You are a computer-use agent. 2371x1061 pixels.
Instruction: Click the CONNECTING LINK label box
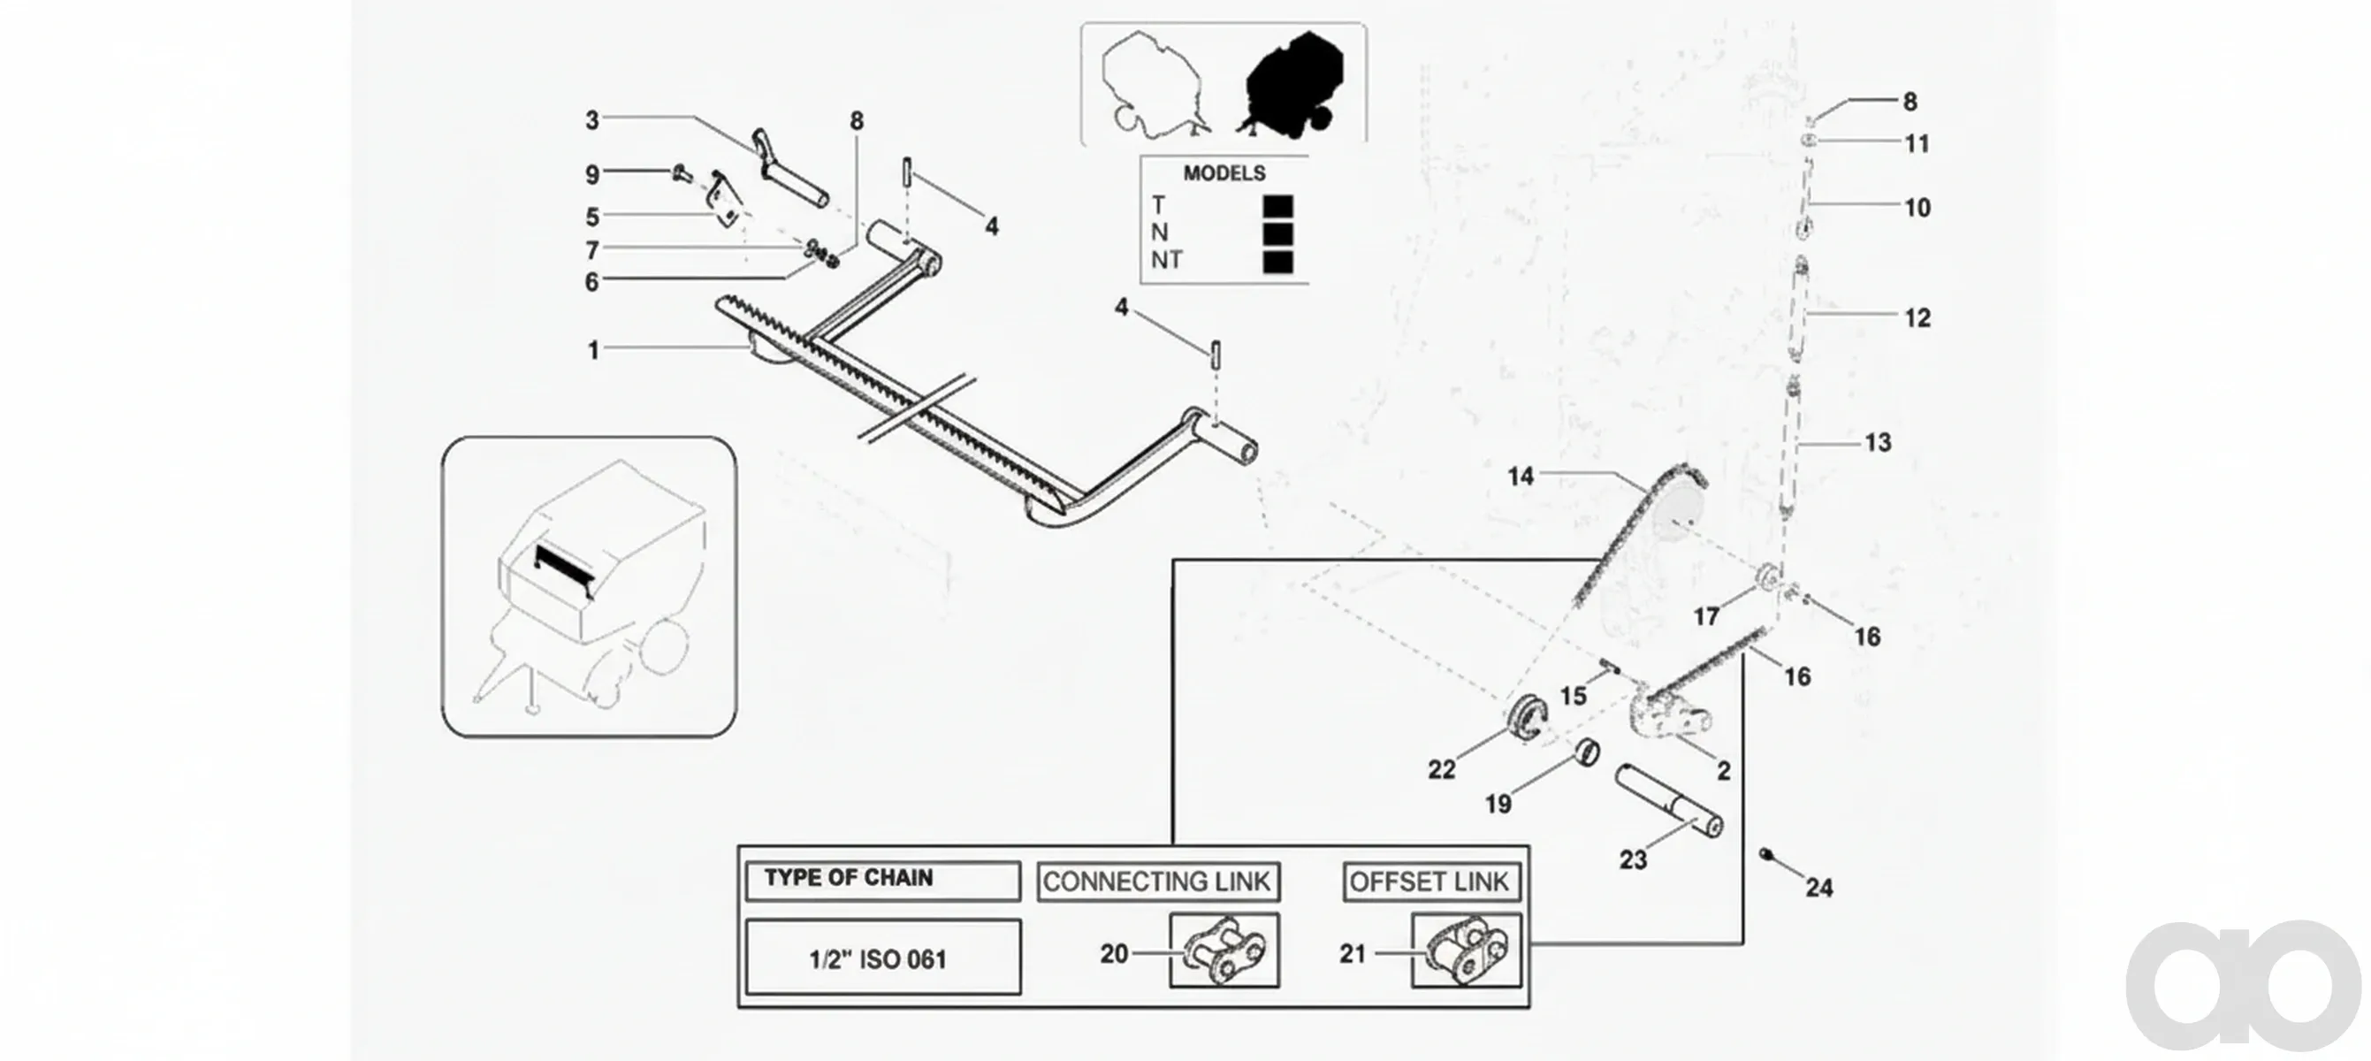point(1158,882)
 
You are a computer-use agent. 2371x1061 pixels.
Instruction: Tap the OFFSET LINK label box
point(1430,882)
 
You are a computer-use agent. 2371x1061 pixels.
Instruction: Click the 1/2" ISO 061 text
point(878,960)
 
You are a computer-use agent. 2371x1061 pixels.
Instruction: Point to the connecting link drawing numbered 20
point(1224,950)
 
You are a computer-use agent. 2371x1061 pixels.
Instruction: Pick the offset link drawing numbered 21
point(1467,950)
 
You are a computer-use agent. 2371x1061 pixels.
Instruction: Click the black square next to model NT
point(1277,263)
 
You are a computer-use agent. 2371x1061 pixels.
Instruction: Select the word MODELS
point(1224,173)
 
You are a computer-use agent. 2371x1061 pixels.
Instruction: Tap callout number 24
point(1818,888)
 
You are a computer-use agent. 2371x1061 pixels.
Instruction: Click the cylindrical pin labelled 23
point(1669,802)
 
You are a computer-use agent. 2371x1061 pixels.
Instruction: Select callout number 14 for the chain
point(1521,477)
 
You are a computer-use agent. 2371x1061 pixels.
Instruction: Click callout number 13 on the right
point(1878,443)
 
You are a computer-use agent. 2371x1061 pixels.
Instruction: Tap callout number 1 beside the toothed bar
point(594,351)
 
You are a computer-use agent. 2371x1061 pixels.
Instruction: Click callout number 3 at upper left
point(591,120)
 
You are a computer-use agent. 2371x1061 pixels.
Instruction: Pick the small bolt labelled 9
point(682,172)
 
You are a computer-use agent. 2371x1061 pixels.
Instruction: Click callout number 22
point(1441,769)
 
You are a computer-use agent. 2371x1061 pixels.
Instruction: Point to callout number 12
point(1917,318)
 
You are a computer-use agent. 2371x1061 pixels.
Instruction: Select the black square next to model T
point(1277,207)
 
